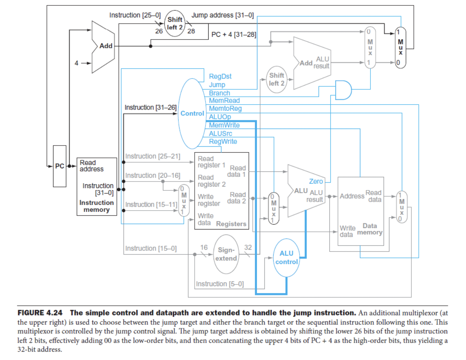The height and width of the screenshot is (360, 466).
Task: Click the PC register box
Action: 59,166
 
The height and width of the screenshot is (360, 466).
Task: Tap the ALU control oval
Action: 286,257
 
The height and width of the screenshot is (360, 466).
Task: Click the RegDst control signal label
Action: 220,76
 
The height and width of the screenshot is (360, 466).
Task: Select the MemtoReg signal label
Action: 225,109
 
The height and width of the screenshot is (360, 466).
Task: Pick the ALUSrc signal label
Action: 220,134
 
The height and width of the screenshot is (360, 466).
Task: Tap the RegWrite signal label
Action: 223,142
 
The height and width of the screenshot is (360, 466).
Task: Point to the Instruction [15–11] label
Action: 150,204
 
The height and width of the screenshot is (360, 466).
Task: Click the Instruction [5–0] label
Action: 219,284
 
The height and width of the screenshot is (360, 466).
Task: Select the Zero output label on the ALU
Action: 316,181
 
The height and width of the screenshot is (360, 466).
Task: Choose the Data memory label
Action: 370,229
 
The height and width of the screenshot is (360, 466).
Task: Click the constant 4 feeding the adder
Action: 77,63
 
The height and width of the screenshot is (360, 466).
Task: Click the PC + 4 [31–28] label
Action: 234,35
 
